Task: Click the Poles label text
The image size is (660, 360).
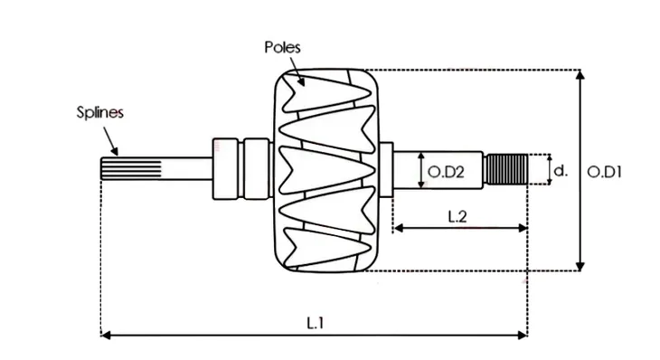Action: (282, 47)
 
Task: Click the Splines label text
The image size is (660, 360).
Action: (99, 113)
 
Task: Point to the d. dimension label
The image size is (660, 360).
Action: (561, 170)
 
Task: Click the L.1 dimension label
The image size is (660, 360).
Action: (315, 321)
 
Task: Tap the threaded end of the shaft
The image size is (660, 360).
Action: (506, 169)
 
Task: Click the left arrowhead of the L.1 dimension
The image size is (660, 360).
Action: (105, 335)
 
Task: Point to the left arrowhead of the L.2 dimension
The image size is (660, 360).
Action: (396, 229)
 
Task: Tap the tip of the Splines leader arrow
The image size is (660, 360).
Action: (118, 153)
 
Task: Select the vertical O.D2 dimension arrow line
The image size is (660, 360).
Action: (422, 170)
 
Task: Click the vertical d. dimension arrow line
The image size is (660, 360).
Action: (549, 169)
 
